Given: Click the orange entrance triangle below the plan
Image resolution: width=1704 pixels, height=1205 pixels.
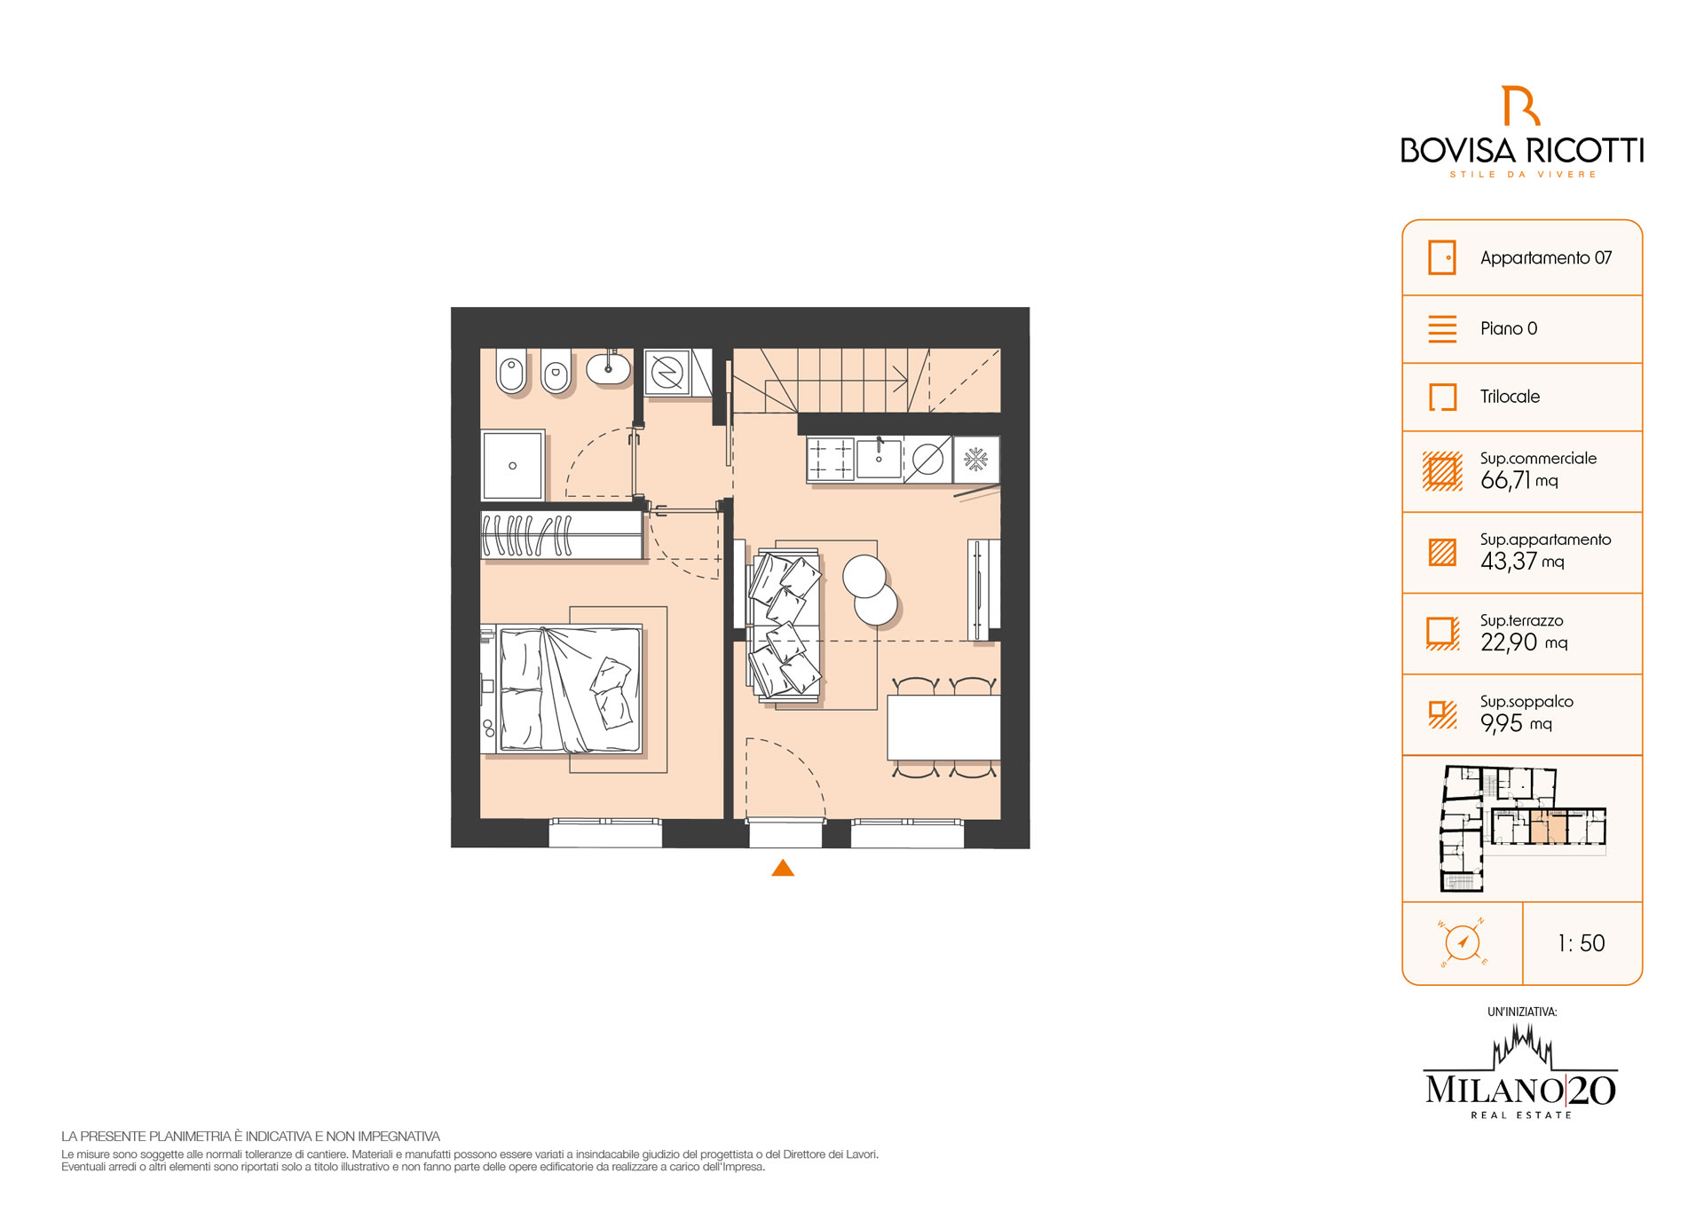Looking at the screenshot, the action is [x=783, y=869].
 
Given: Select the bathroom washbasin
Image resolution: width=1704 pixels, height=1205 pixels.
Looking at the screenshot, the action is [x=609, y=367].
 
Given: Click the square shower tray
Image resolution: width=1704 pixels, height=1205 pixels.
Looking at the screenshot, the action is [x=512, y=466].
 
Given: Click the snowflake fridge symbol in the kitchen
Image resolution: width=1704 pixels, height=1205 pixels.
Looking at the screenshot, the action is [x=976, y=460].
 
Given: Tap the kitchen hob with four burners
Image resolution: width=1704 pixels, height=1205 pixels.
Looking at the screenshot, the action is [x=831, y=460].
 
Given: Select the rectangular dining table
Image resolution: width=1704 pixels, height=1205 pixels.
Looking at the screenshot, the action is [x=944, y=728].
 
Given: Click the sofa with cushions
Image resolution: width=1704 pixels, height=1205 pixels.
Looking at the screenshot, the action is [x=785, y=624].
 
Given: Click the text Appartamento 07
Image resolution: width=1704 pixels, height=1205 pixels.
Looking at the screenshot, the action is [x=1545, y=258].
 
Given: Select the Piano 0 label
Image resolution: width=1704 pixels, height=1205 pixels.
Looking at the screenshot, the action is [x=1509, y=328].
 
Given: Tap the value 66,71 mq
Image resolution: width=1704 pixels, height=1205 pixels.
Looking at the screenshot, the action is [x=1519, y=481].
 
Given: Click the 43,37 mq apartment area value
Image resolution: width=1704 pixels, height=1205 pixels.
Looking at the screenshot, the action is [x=1522, y=562].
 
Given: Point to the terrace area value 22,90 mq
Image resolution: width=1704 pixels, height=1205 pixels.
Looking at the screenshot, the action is [x=1524, y=642].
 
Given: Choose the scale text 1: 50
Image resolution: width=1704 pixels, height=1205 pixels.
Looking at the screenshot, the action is [x=1582, y=943].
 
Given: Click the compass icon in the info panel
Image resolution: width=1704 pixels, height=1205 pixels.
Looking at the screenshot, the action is [x=1463, y=942].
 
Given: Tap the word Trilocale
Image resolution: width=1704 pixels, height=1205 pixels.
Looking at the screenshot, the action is [x=1510, y=397].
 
